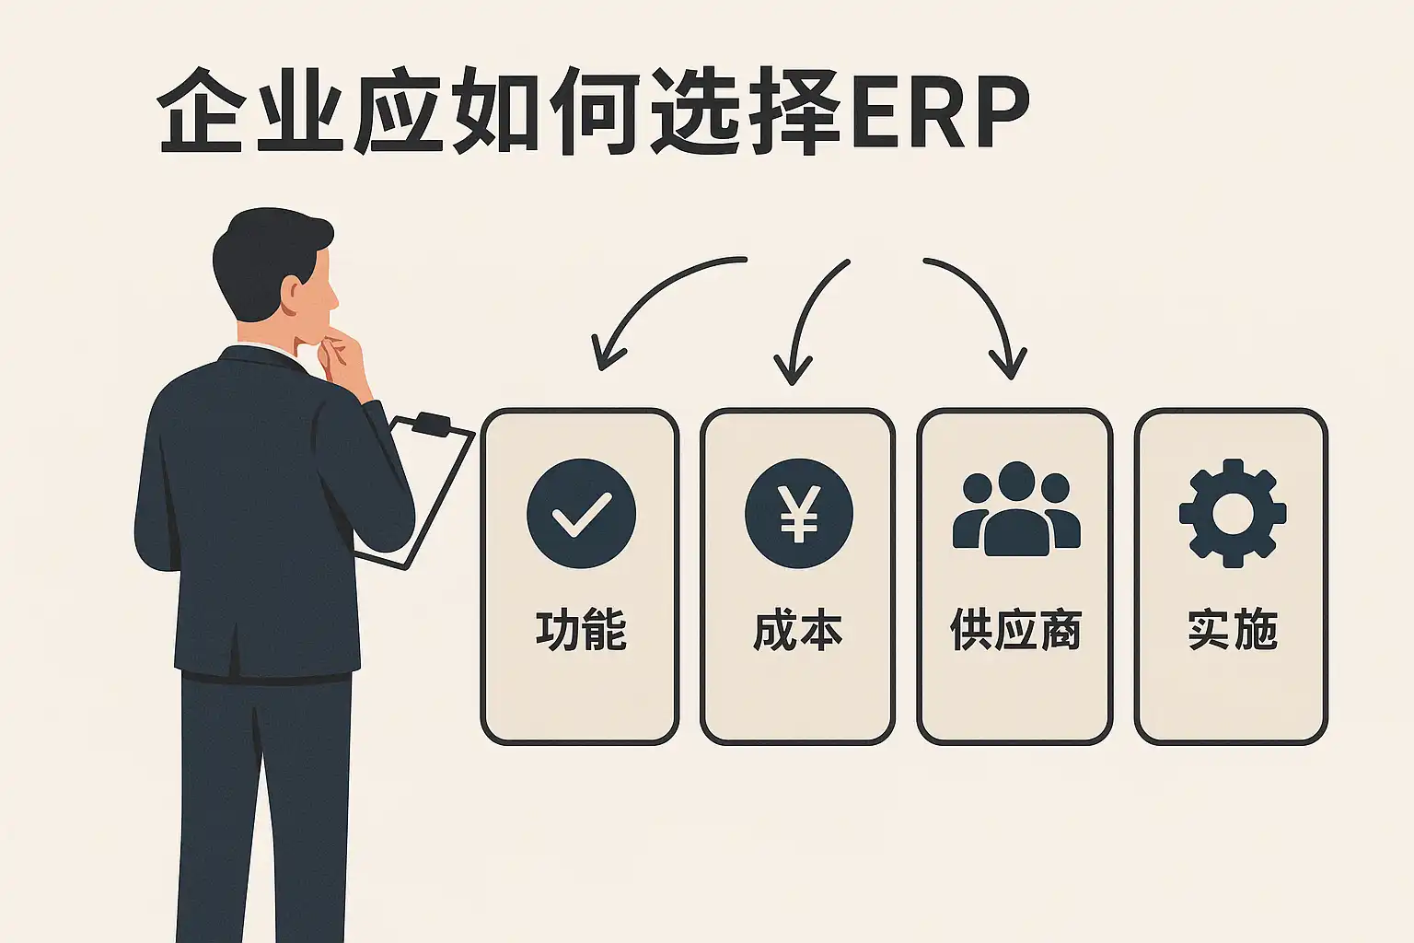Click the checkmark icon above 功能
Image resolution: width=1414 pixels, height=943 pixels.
581,513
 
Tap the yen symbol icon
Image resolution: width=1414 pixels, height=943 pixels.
798,513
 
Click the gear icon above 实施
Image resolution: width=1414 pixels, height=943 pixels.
1232,512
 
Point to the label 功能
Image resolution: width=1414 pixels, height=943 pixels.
581,631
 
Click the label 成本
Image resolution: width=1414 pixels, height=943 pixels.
797,631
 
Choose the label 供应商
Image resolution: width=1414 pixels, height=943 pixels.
1015,631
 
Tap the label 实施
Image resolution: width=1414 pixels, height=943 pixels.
1233,631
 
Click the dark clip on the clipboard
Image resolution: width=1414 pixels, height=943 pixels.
431,424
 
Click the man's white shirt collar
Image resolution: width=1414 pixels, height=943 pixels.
276,346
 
